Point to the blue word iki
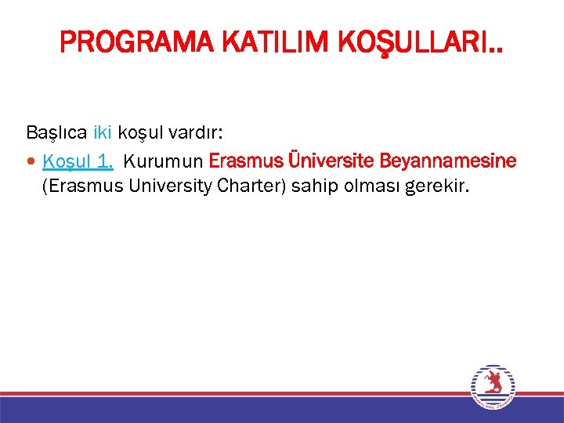(103, 132)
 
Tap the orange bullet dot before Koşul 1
(31, 162)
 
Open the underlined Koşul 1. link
(78, 161)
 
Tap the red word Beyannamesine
(448, 161)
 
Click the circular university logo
(493, 386)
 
